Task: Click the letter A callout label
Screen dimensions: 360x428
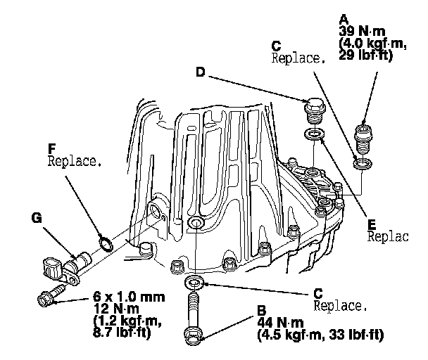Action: tap(343, 18)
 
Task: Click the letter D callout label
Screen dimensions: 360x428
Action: tap(200, 71)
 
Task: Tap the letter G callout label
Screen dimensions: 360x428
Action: tap(37, 219)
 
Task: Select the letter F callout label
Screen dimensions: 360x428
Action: tap(51, 148)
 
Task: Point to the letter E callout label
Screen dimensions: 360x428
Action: tap(372, 226)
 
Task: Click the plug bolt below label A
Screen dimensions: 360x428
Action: tap(364, 138)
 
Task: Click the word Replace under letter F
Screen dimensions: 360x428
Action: tap(74, 161)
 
